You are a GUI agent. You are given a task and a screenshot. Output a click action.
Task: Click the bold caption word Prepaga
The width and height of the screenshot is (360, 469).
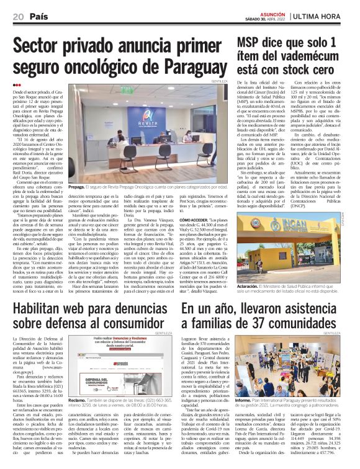click(78, 186)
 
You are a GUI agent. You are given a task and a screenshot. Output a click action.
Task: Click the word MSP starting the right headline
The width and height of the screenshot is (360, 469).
click(254, 44)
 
